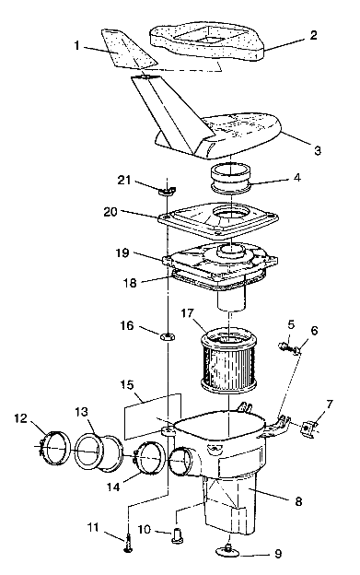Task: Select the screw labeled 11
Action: coord(127,546)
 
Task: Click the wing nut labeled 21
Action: coord(168,191)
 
